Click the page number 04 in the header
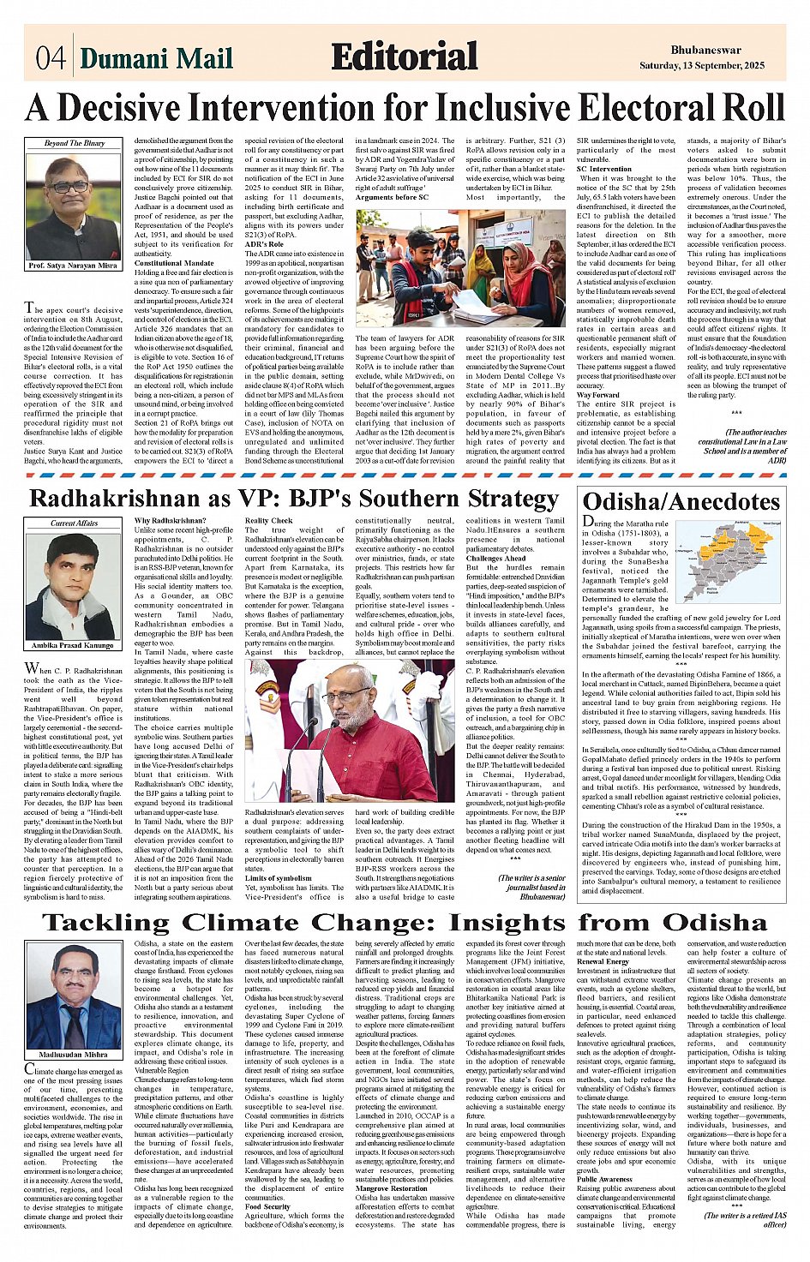pyautogui.click(x=50, y=58)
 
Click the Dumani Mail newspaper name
pyautogui.click(x=156, y=58)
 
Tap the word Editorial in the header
pyautogui.click(x=404, y=57)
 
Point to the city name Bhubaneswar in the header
pyautogui.click(x=705, y=51)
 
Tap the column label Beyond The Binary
pyautogui.click(x=74, y=143)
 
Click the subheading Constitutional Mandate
pyautogui.click(x=174, y=263)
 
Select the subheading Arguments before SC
pyautogui.click(x=392, y=198)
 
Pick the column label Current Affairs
pyautogui.click(x=74, y=523)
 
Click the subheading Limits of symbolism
pyautogui.click(x=278, y=878)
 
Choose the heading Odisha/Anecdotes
pyautogui.click(x=681, y=501)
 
